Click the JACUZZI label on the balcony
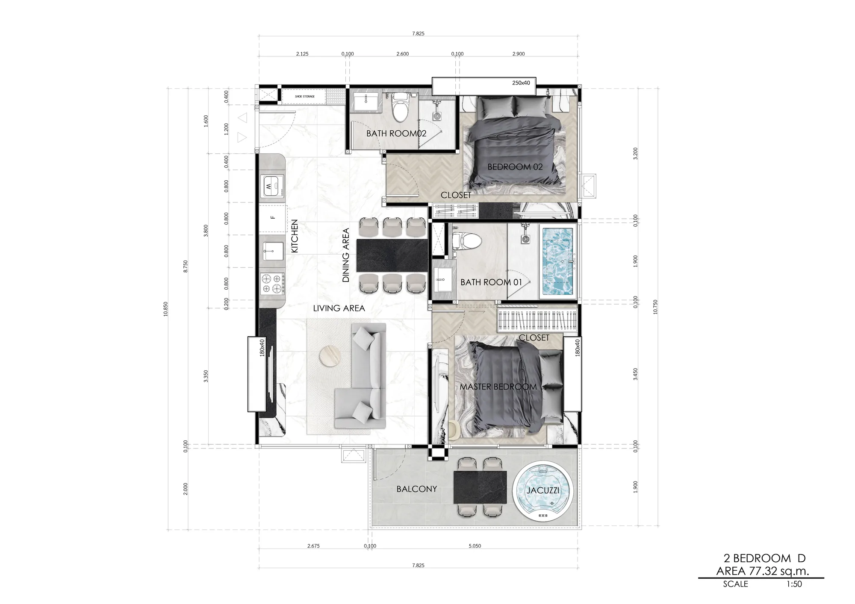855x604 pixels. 542,490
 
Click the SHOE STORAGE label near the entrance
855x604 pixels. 304,97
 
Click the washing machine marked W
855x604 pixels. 272,186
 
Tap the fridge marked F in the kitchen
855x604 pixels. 272,217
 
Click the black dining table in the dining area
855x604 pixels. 392,256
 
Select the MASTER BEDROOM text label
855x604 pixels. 498,387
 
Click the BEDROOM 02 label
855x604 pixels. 515,167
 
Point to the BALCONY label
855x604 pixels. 416,489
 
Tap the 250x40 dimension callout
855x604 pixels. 521,83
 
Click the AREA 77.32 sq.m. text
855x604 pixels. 763,571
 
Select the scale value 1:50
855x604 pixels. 794,584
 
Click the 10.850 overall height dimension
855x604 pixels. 166,309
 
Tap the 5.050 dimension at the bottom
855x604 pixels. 475,546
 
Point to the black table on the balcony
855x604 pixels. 480,487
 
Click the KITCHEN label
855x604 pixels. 295,236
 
